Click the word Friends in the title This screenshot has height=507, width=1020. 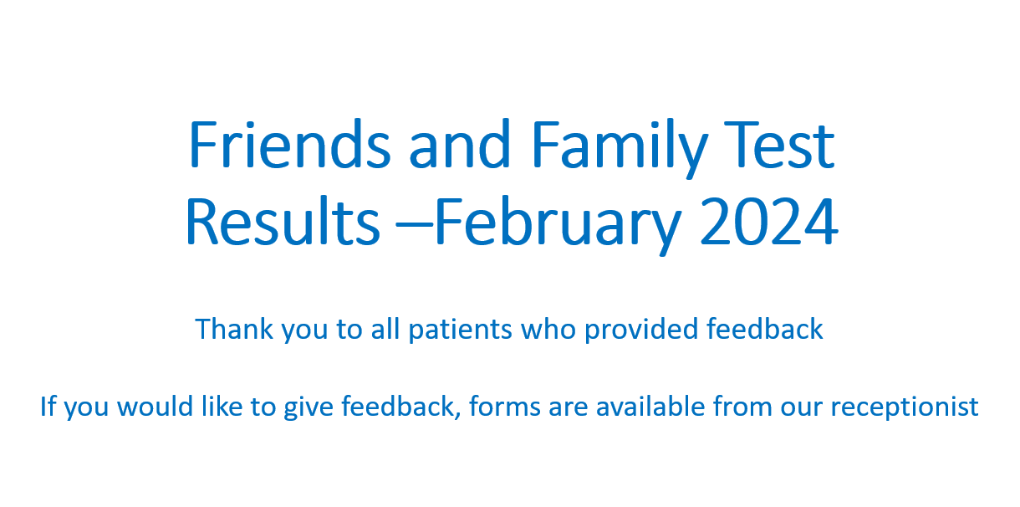[x=289, y=144]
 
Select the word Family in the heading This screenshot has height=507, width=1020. [x=620, y=148]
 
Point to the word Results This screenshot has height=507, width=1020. [x=283, y=222]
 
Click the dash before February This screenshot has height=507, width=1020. [x=415, y=223]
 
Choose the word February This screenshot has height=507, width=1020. [x=558, y=226]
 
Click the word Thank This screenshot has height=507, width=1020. [x=234, y=329]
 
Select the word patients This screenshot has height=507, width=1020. [x=461, y=330]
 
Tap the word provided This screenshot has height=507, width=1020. [x=641, y=330]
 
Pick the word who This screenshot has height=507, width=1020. [x=548, y=329]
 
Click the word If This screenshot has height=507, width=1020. [x=48, y=406]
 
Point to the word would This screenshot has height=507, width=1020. [x=155, y=406]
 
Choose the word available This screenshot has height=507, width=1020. [x=650, y=406]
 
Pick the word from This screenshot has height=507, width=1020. [x=743, y=406]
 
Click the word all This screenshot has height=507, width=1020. [x=385, y=329]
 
